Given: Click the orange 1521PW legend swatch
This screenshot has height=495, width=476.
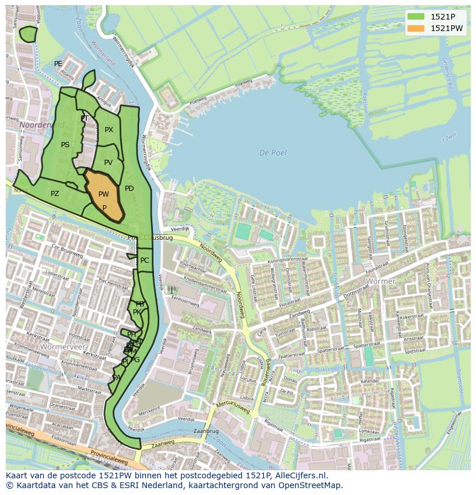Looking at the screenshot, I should point(417,28).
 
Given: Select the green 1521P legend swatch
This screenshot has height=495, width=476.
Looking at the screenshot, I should point(417,16).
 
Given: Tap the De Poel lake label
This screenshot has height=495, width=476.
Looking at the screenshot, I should point(272,153).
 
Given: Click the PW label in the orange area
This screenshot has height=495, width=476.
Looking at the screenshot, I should point(103,194).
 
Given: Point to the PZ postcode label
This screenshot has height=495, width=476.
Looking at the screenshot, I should point(55,194).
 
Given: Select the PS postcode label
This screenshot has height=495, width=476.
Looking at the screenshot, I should point(65,145).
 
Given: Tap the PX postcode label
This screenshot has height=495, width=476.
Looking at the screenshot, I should point(109,130).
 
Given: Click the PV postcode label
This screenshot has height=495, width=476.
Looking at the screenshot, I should point(108,163).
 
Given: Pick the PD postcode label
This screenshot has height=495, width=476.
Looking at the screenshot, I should point(129,189).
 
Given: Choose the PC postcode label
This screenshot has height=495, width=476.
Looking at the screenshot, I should point(144,260).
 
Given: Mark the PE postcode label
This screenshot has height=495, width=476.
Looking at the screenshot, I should point(58,64).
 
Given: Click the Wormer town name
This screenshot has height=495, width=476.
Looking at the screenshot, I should point(381,282).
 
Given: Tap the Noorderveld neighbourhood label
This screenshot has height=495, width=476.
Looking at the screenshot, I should point(40,124).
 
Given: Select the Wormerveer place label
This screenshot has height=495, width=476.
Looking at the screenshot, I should point(63,347).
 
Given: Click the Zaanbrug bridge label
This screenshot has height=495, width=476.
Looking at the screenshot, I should point(206,431).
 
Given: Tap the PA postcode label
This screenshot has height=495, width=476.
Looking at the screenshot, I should point(117,378).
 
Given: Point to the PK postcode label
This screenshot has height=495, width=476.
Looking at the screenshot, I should point(137,312).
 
